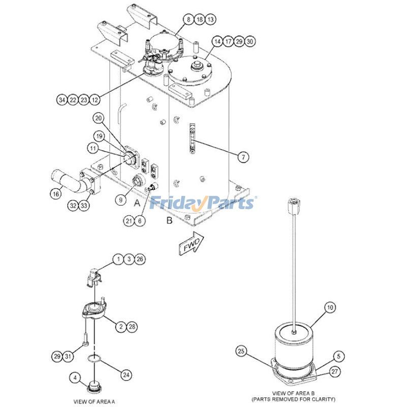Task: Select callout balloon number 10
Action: pos(330,307)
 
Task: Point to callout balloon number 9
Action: pos(121,200)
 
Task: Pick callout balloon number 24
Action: pos(125,374)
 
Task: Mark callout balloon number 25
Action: pos(241,351)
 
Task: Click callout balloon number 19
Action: pos(99,136)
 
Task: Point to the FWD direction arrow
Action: pos(190,245)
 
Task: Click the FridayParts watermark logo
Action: pos(202,203)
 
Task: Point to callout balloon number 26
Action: pos(140,259)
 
